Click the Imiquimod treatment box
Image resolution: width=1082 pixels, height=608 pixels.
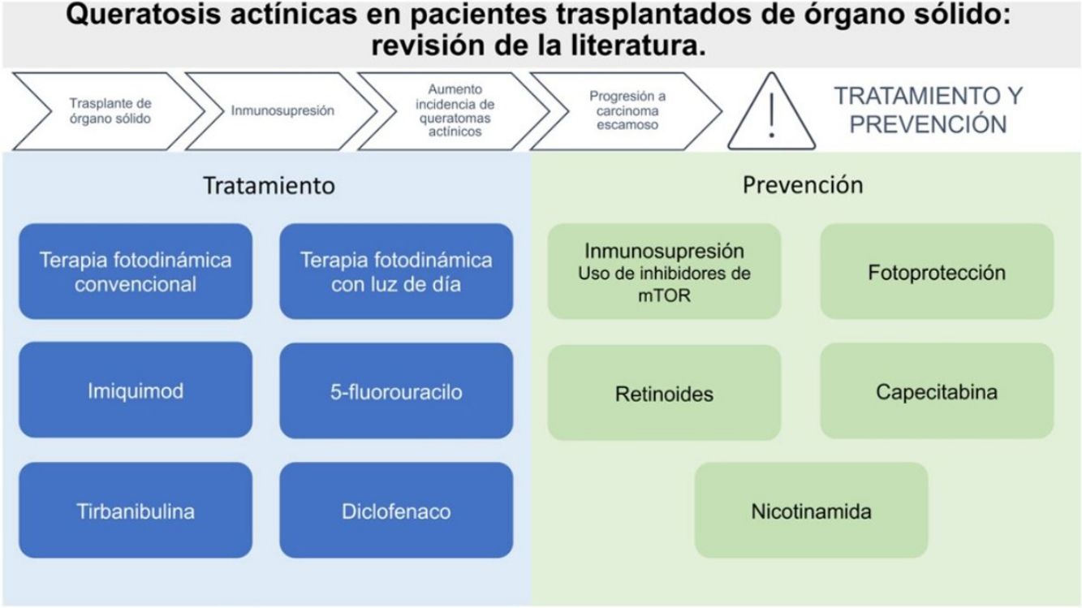(x=136, y=390)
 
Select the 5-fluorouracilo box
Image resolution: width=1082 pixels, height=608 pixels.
(x=396, y=391)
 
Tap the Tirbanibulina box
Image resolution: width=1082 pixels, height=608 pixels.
(x=136, y=511)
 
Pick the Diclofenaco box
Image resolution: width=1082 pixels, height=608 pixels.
(x=396, y=511)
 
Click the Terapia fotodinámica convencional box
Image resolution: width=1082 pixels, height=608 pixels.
(x=136, y=272)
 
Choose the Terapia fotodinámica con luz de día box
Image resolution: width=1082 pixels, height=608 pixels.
(x=396, y=272)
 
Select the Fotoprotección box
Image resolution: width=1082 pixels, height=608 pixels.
(x=937, y=272)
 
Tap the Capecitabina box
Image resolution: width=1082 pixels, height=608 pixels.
(x=937, y=391)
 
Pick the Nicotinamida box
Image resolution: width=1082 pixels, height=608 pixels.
(x=811, y=511)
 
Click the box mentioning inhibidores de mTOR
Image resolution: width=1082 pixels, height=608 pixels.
(x=664, y=272)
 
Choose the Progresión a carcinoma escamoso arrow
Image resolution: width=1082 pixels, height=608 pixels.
(x=625, y=111)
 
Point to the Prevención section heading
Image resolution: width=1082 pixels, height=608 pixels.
(x=803, y=185)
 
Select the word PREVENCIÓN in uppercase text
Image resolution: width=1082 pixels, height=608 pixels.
(x=929, y=123)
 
